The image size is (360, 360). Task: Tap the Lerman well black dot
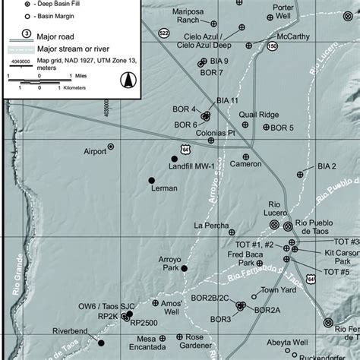151,180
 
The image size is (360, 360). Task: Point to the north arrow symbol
128,78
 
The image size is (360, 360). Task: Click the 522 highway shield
165,55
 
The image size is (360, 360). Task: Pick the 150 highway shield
273,68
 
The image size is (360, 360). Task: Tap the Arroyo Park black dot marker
184,268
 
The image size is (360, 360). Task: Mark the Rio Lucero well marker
288,226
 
